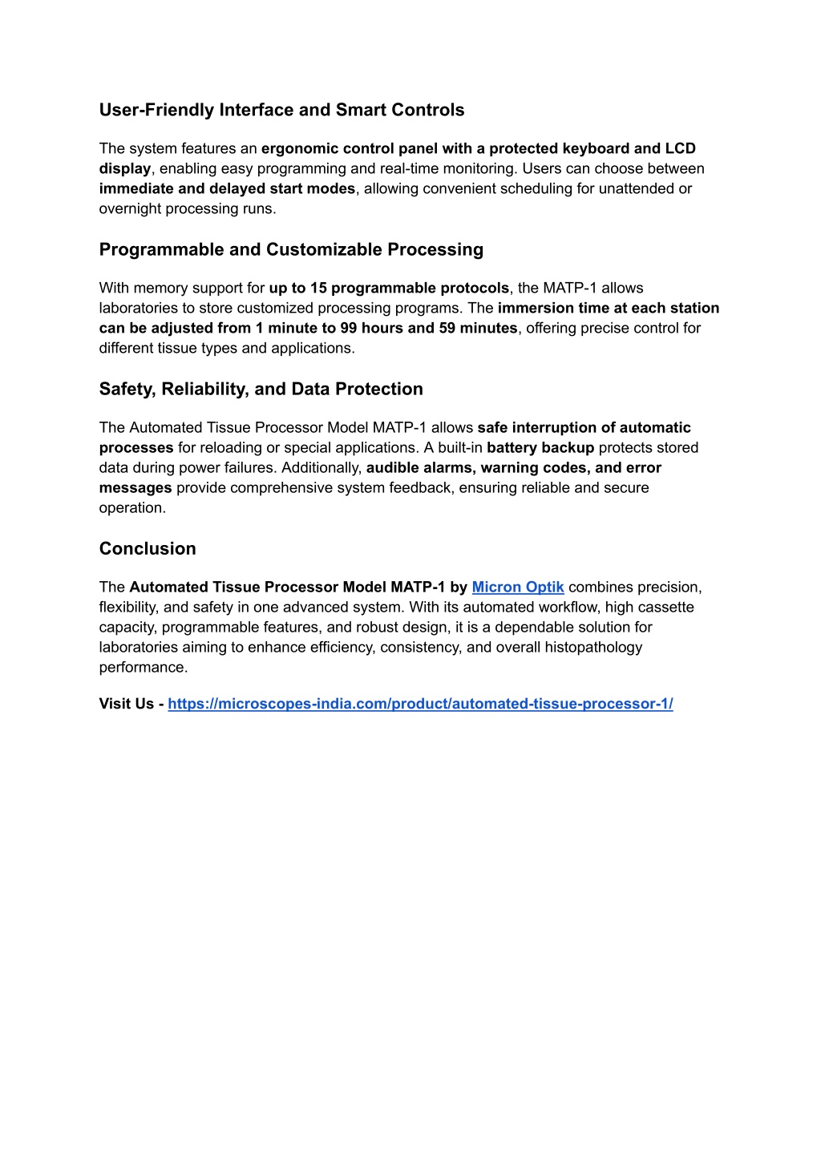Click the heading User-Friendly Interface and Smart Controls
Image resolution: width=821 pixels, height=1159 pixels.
281,110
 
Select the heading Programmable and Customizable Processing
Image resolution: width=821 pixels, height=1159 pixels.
291,249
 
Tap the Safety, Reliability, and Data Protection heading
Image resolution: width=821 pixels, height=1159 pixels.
261,389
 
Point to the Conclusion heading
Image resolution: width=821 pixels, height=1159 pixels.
148,548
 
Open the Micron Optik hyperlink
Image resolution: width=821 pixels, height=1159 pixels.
518,587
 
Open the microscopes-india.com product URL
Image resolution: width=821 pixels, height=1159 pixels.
420,704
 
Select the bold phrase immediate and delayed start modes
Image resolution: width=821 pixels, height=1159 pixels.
227,188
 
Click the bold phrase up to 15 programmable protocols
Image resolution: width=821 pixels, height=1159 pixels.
389,288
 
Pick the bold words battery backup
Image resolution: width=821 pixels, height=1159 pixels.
540,447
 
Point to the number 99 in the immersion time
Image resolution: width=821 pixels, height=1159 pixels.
349,328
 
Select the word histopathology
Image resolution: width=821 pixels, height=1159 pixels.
593,647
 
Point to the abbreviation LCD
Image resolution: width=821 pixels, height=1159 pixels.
680,148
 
